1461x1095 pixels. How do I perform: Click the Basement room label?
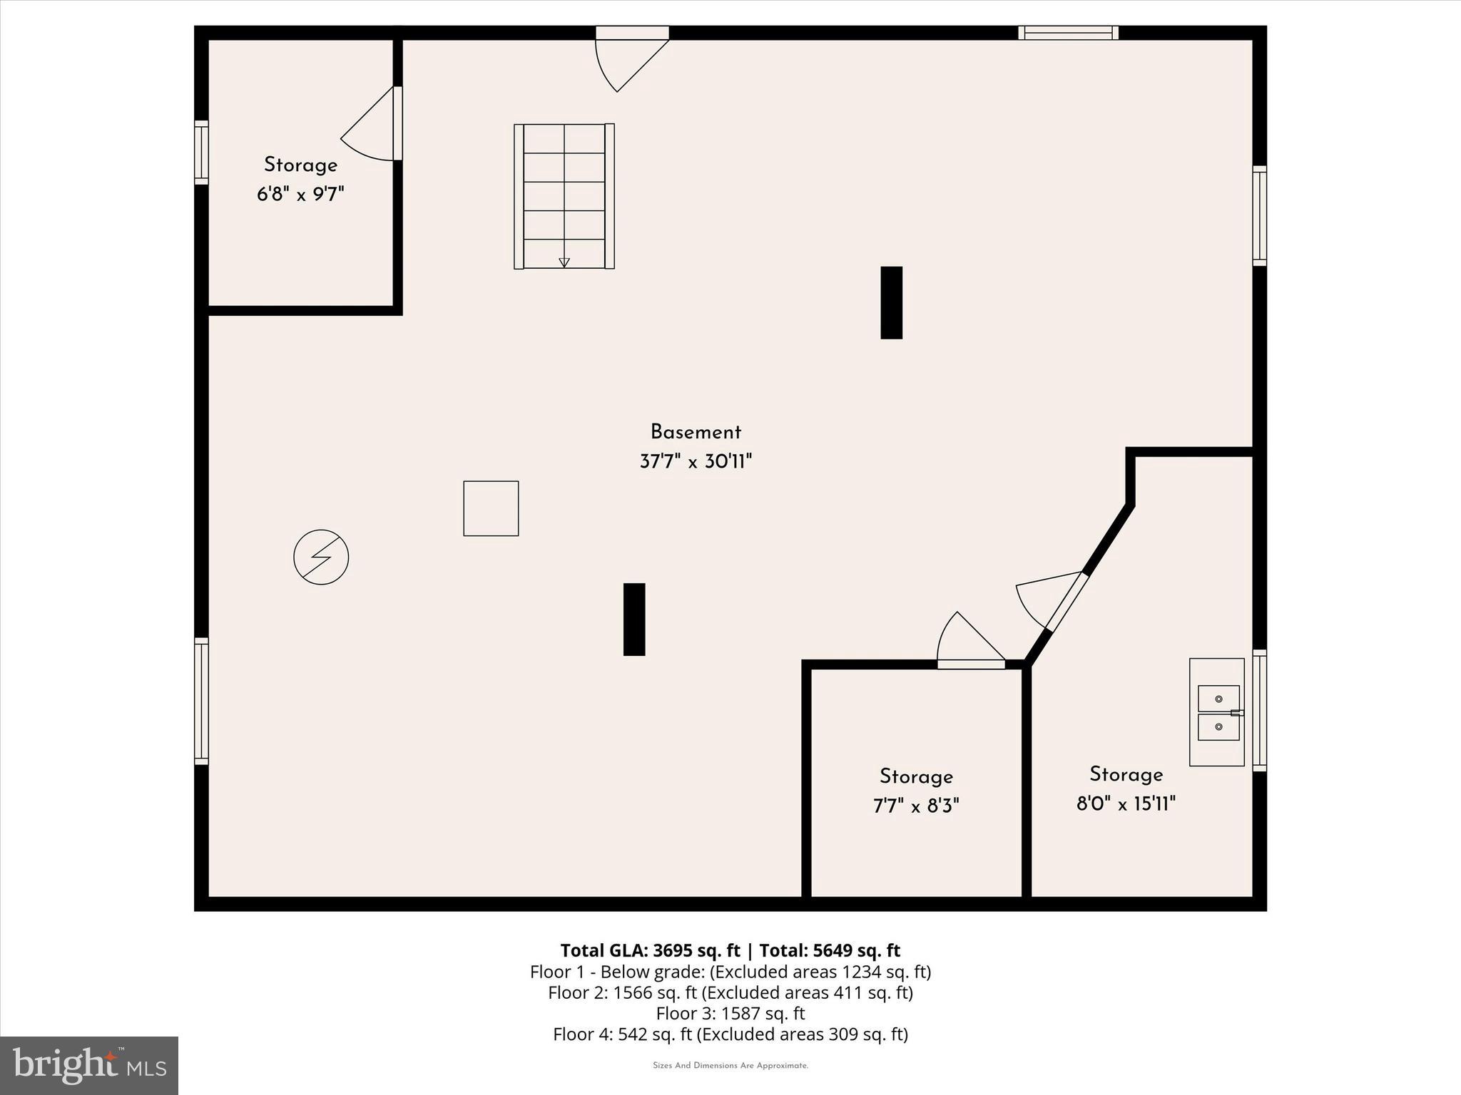click(x=696, y=432)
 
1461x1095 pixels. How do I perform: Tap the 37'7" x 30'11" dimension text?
click(x=696, y=462)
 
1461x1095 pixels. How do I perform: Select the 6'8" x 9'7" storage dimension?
click(x=300, y=194)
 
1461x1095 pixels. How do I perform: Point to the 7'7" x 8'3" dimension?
click(x=916, y=806)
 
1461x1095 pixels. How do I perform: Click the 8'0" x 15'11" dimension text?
click(x=1126, y=804)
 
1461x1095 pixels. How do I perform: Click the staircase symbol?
click(x=564, y=196)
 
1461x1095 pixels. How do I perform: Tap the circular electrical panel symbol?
click(x=321, y=557)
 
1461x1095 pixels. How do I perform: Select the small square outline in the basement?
click(x=491, y=508)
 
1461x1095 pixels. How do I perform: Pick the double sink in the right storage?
click(x=1218, y=712)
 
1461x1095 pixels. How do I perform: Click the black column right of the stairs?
click(x=891, y=302)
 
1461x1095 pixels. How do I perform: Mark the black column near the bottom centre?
click(x=634, y=619)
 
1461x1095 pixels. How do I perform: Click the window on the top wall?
click(x=1068, y=32)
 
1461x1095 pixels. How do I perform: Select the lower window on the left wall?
click(x=202, y=701)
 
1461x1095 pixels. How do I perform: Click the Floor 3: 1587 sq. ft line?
click(x=730, y=1013)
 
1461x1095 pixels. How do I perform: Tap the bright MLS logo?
click(x=89, y=1065)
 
